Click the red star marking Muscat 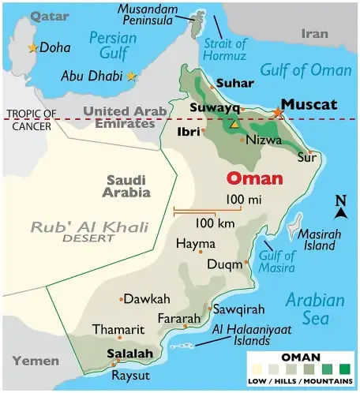tap(278, 114)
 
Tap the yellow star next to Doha tap(32, 48)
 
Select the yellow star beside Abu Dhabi tap(131, 76)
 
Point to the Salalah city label tap(129, 353)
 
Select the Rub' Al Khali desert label tap(89, 230)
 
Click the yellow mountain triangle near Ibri tap(233, 125)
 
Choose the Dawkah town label tap(147, 299)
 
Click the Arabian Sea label tap(314, 309)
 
